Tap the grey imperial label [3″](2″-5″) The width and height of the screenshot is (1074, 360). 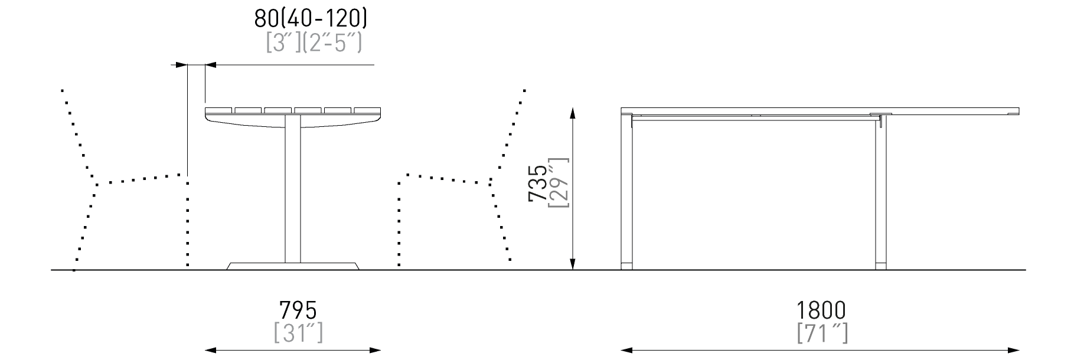tap(314, 43)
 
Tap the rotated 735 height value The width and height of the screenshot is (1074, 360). tap(538, 183)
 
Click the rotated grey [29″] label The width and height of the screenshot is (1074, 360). tap(559, 183)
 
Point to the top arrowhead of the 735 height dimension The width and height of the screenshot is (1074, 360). tap(572, 113)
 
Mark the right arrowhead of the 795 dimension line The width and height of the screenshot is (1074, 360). tap(374, 350)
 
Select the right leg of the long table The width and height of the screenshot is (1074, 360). tap(880, 192)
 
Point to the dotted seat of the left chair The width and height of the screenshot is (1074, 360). tap(141, 179)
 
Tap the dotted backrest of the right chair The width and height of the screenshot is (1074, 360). tap(508, 132)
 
